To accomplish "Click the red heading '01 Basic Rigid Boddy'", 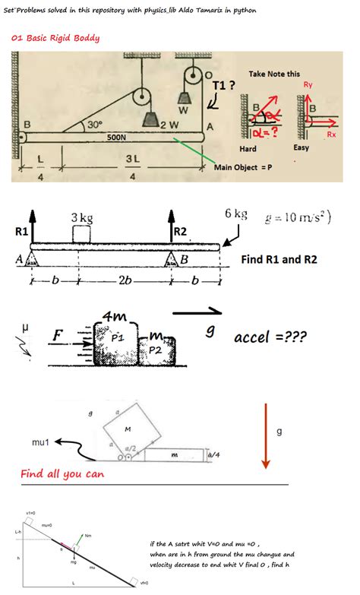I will (55, 38).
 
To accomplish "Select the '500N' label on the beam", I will (116, 138).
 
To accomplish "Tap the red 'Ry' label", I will (308, 84).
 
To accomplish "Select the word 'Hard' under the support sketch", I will (248, 148).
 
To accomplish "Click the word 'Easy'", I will (302, 147).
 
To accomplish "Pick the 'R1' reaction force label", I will (21, 229).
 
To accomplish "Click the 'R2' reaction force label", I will (180, 230).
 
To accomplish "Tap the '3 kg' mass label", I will (82, 218).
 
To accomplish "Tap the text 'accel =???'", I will (270, 337).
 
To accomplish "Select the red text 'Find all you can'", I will (62, 474).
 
